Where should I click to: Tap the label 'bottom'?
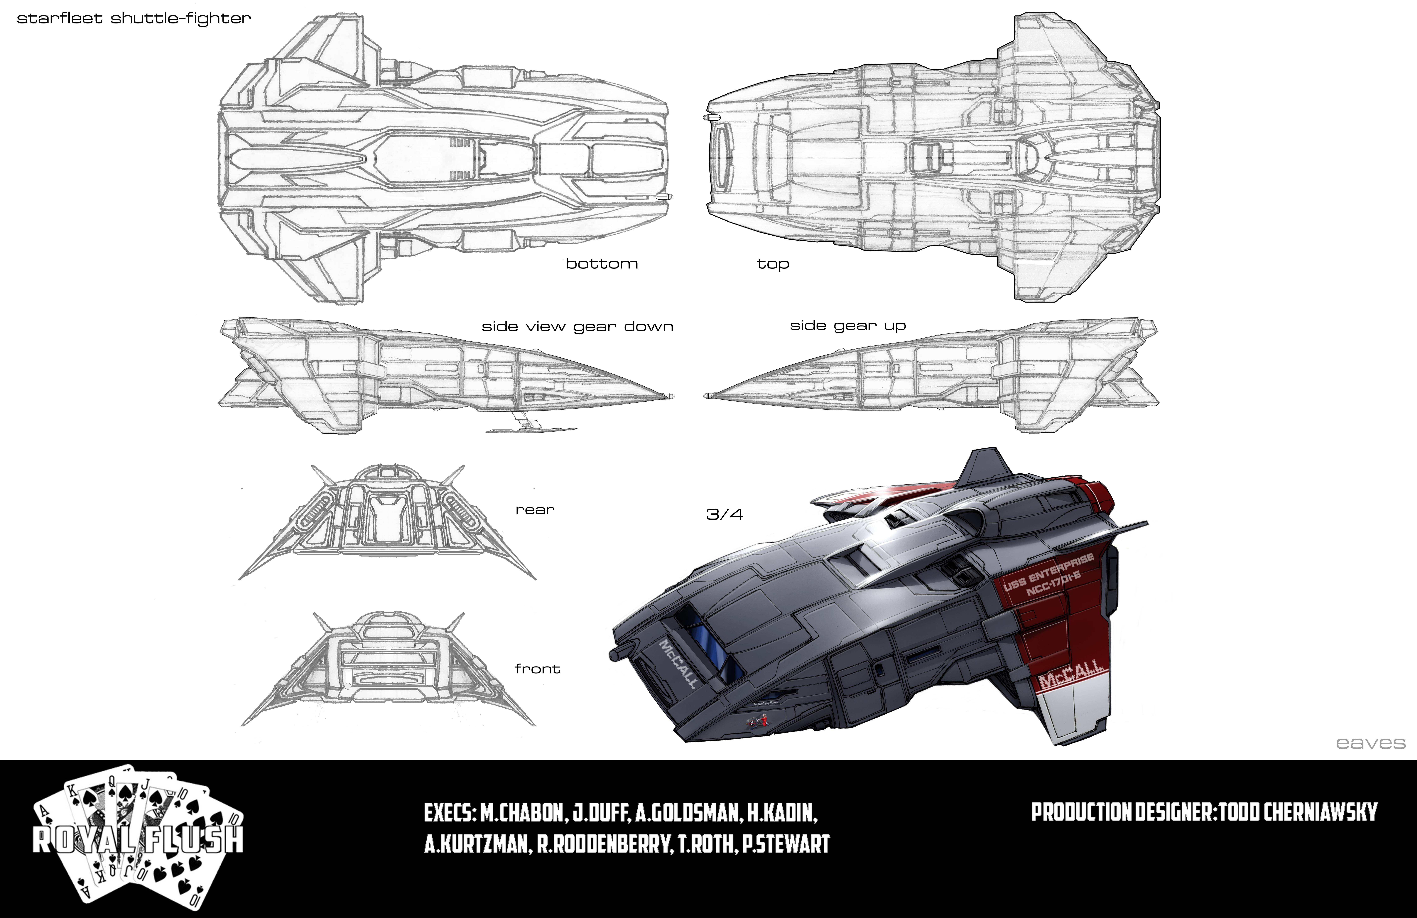point(601,264)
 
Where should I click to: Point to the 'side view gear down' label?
point(577,327)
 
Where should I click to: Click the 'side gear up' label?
point(847,326)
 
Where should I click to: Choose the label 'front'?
point(537,669)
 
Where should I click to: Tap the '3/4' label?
point(724,514)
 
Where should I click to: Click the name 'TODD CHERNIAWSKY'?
point(1298,812)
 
